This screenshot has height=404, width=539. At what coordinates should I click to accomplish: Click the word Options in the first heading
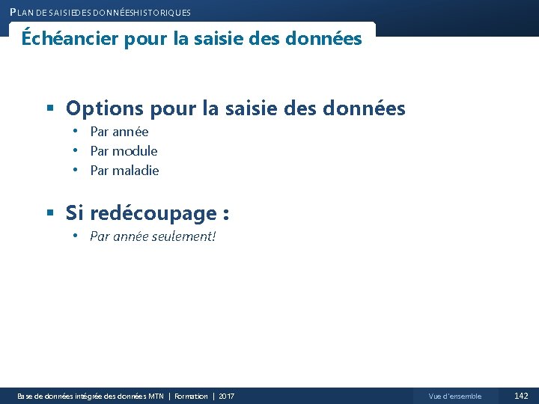click(x=105, y=109)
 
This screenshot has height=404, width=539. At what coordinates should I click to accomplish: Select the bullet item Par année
click(x=119, y=132)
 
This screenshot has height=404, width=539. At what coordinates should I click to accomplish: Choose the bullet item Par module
click(x=124, y=151)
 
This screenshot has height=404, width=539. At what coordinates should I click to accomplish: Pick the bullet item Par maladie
click(x=124, y=171)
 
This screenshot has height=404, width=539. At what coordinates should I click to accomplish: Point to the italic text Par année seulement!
click(x=153, y=237)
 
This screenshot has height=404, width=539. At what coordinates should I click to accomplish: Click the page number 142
click(x=521, y=396)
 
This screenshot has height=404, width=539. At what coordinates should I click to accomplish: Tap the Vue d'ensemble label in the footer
click(x=455, y=396)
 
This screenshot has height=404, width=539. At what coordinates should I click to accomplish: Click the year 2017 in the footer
click(x=226, y=396)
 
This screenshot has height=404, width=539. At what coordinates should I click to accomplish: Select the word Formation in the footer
click(x=191, y=396)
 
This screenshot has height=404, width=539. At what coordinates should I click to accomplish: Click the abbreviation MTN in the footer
click(x=156, y=396)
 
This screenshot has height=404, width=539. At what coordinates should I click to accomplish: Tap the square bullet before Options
click(x=50, y=109)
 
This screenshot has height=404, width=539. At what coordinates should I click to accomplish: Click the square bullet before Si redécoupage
click(x=50, y=214)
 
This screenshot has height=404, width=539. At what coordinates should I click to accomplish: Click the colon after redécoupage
click(x=225, y=215)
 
